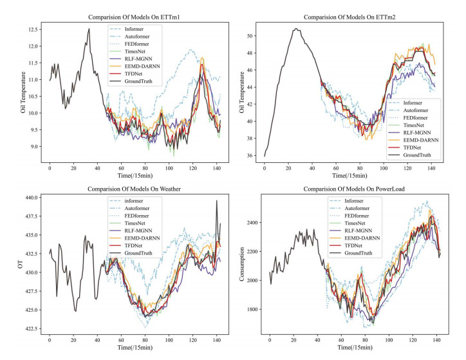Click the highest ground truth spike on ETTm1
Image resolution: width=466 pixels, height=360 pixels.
(89, 28)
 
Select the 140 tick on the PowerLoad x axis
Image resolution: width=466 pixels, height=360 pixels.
(437, 340)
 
